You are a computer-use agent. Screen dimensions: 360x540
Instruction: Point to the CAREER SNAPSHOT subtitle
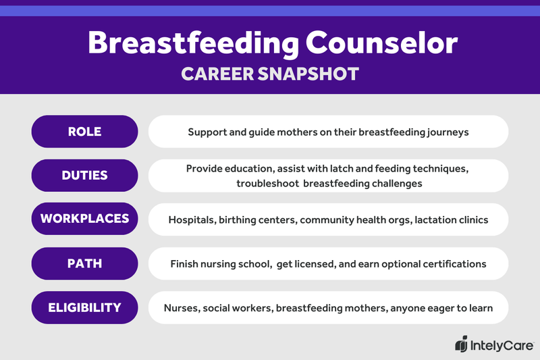click(270, 74)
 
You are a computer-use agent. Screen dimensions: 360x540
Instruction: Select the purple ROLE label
click(84, 132)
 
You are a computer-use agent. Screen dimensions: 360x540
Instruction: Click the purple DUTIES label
click(84, 176)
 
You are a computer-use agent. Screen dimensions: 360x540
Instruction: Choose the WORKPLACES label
click(84, 220)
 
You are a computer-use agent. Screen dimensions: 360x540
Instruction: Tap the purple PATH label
click(84, 263)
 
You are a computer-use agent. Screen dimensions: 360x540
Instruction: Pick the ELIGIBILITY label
click(84, 307)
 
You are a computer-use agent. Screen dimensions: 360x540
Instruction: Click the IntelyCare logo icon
click(462, 344)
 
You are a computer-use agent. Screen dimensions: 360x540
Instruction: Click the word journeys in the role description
click(445, 132)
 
